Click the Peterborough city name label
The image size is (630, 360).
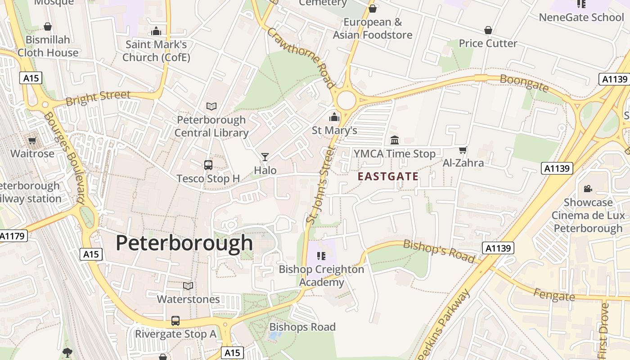tap(184, 243)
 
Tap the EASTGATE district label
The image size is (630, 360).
tap(388, 177)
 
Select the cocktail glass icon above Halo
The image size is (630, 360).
tap(265, 157)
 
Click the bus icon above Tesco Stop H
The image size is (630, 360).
tap(208, 165)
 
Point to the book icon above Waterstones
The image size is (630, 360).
tap(188, 286)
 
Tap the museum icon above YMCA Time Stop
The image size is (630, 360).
tap(395, 140)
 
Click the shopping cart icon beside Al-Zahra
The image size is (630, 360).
tap(463, 150)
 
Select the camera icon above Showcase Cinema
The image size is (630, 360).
tap(588, 189)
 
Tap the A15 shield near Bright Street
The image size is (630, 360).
tap(31, 78)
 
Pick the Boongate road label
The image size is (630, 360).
tap(524, 83)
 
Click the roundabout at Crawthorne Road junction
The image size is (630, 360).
tap(346, 100)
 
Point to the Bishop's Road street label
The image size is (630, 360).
tap(439, 251)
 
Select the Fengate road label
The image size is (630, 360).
tap(554, 295)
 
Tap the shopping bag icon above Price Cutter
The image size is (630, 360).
tap(488, 30)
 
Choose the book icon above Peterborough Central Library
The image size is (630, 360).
tap(211, 106)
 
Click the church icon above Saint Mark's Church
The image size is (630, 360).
tap(156, 31)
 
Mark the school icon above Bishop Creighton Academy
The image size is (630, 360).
tap(321, 256)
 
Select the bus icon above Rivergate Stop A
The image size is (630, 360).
tap(175, 321)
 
